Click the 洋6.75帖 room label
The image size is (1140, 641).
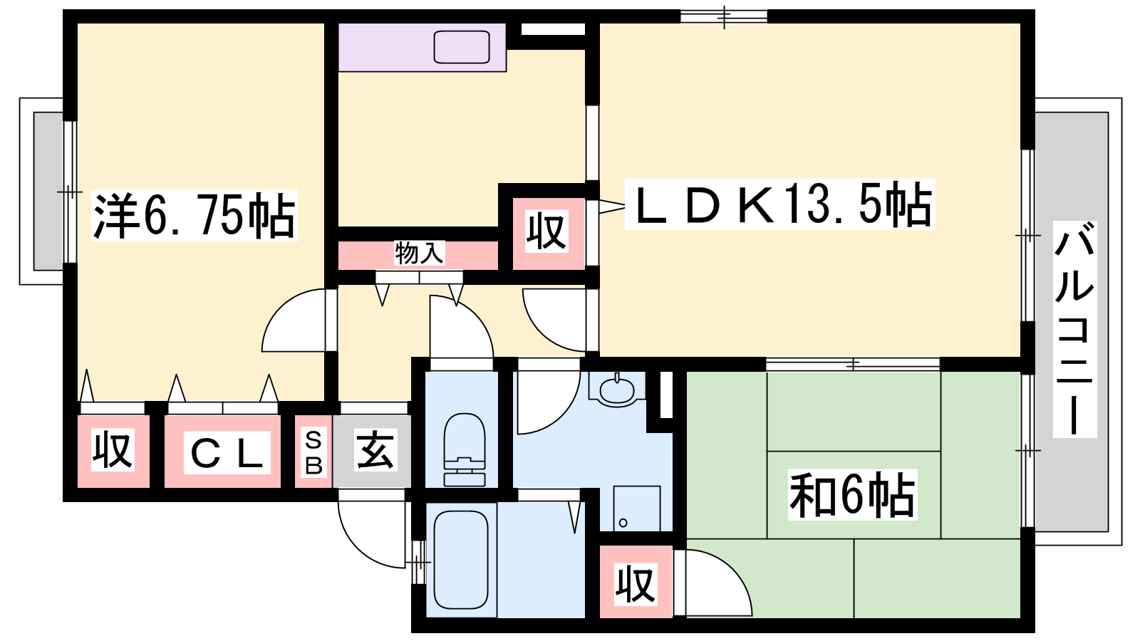194,215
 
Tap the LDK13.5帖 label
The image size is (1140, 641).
779,204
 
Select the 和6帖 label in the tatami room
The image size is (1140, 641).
852,494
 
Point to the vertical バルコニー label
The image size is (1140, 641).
1075,329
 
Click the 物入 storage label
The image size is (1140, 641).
420,253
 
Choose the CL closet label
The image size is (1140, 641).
227,452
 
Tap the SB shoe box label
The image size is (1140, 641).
313,452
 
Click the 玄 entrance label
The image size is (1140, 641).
375,451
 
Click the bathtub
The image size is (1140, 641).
461,560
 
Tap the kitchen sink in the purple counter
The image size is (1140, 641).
462,47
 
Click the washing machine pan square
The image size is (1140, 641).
637,509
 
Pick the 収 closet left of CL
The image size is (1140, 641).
113,452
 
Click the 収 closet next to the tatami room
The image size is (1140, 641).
636,581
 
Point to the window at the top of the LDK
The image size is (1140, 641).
724,16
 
